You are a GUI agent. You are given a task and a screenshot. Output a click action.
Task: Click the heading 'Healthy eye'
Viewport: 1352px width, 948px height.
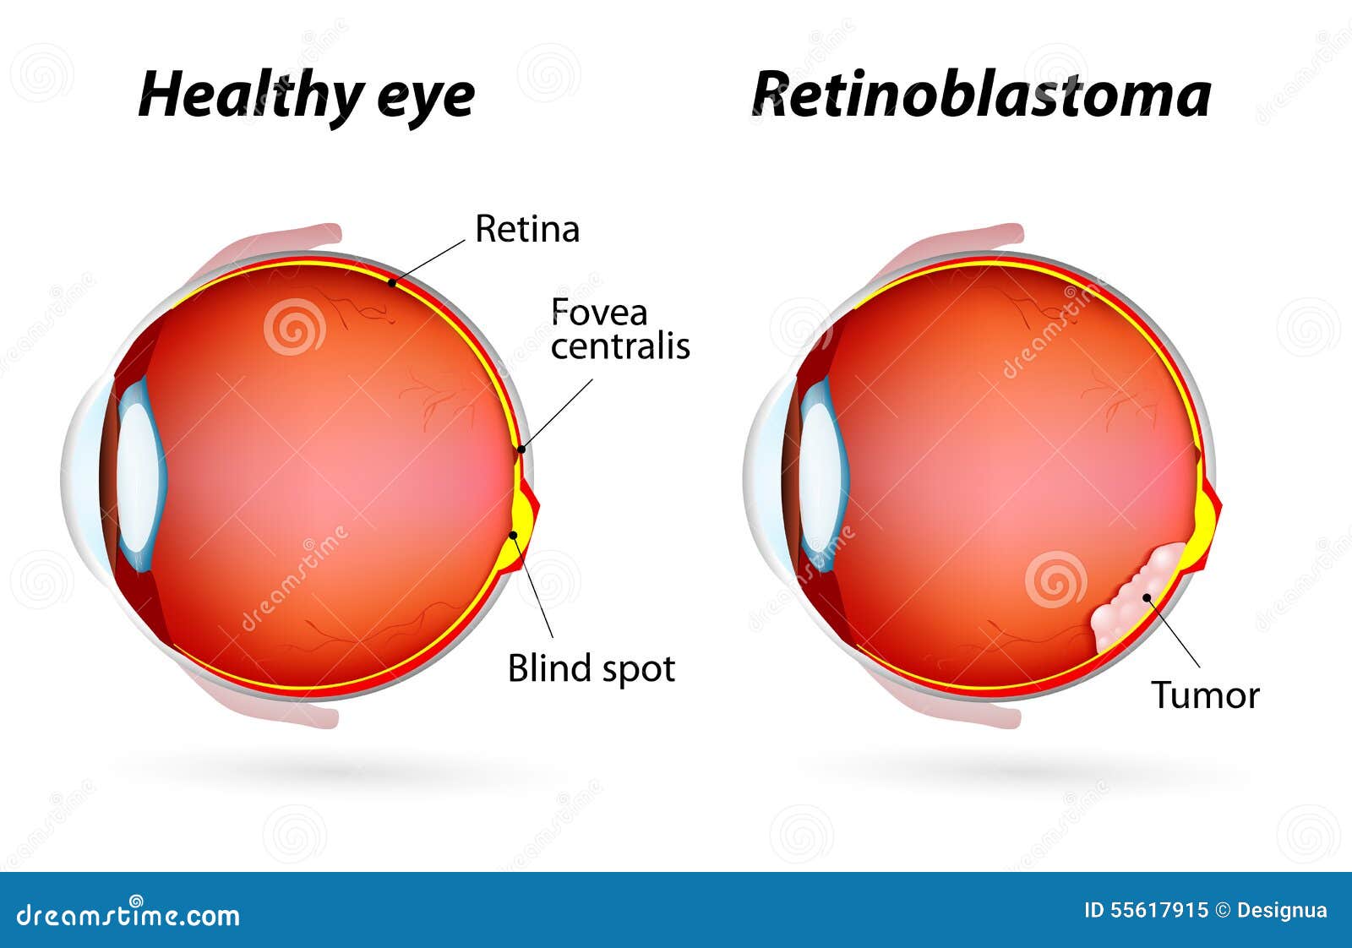(307, 96)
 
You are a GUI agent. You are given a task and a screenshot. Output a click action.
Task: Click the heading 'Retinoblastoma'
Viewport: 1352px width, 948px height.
(981, 94)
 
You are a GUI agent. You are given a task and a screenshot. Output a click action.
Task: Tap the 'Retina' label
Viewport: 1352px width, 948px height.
(527, 229)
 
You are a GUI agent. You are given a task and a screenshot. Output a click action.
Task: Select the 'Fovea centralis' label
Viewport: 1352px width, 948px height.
(620, 329)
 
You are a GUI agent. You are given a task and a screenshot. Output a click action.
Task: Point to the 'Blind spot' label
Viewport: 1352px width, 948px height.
(591, 669)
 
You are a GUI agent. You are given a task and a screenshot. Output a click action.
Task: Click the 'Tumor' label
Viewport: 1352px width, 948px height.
(1205, 695)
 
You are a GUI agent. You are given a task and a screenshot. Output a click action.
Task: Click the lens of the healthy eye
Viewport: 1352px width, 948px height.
(141, 476)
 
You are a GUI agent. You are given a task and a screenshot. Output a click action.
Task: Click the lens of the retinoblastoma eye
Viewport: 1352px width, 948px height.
(824, 474)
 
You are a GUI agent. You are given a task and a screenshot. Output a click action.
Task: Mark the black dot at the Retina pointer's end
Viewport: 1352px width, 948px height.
(392, 282)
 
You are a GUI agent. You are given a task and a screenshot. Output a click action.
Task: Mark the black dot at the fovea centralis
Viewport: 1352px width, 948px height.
(522, 449)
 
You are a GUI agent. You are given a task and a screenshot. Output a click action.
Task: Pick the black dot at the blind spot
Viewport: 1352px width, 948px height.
(514, 535)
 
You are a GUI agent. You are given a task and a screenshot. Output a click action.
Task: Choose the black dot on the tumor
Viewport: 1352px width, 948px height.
(1147, 597)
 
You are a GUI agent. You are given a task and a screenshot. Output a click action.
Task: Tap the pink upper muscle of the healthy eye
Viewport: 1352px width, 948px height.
(271, 248)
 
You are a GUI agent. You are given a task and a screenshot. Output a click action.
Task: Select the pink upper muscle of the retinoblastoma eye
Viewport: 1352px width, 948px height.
(954, 248)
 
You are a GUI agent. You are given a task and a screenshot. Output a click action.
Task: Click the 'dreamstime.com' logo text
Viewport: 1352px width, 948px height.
(128, 914)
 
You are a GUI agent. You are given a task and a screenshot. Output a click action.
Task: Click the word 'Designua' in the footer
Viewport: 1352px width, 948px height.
(1282, 911)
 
